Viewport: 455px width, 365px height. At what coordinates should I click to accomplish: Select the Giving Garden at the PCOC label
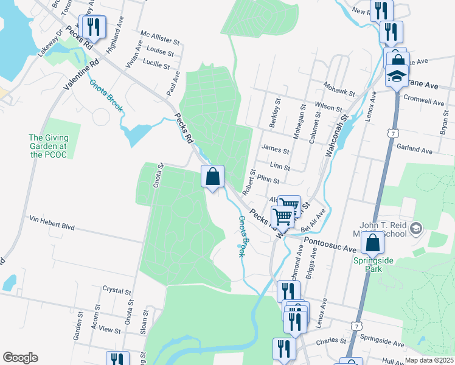48,147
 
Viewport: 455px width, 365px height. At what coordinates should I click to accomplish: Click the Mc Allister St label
160,38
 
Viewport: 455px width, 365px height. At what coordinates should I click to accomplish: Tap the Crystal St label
117,291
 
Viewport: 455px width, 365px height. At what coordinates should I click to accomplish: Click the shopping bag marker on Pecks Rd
212,177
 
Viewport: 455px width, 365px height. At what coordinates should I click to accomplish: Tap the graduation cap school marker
397,76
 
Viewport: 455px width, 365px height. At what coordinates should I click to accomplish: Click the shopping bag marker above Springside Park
372,243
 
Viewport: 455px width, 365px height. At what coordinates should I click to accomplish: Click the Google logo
20,358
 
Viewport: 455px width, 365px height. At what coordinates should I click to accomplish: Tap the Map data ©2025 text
429,360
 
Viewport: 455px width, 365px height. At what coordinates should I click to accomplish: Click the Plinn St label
268,180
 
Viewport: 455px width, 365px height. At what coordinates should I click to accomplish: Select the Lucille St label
156,63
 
